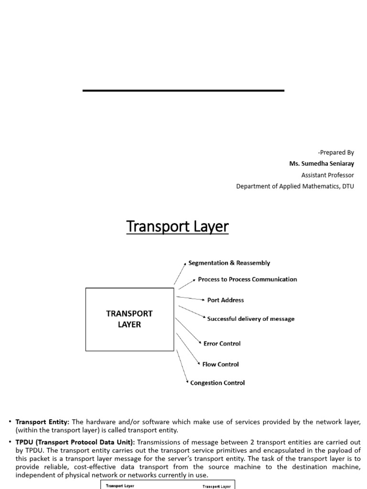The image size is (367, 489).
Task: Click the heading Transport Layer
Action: coord(177,227)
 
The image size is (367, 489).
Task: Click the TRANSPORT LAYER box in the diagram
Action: coord(130,319)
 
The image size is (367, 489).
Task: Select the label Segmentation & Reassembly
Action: coord(229,263)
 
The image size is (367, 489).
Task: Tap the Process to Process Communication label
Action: coord(247,279)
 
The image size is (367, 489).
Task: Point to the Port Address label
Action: coord(225,300)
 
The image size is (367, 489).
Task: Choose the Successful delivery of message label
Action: coord(250,319)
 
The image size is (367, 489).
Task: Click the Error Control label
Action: coord(222,344)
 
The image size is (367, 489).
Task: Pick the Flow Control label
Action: coord(220,364)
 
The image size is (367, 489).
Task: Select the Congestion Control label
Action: coord(217,383)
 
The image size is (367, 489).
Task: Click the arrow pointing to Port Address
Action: coord(191,298)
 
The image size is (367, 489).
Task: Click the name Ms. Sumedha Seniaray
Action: coord(322,164)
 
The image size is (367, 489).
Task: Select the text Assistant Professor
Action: coord(327,175)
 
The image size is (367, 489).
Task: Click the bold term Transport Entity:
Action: coord(43,422)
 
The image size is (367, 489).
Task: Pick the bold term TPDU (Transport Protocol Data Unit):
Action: coord(75,442)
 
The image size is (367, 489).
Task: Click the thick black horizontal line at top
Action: coord(183,90)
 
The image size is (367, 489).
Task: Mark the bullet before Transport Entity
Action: coord(10,422)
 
